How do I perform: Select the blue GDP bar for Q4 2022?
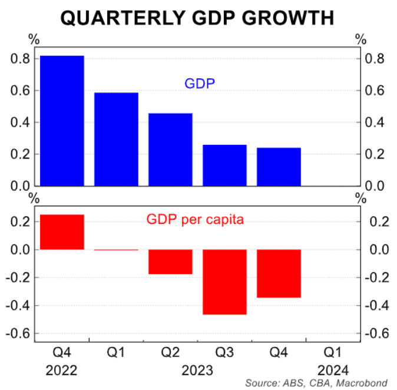point(62,120)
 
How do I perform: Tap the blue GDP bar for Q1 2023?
point(116,139)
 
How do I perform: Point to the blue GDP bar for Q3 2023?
point(224,165)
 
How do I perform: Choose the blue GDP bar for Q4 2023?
point(279,166)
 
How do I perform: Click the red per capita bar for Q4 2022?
point(62,232)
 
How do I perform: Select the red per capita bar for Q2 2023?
point(170,262)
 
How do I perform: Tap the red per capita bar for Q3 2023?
point(224,282)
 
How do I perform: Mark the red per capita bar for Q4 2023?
point(279,273)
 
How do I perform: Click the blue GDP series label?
point(200,84)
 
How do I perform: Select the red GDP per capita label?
point(194,220)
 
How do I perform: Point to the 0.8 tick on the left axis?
point(20,59)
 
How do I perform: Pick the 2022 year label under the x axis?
point(62,371)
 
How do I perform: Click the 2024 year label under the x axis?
point(333,371)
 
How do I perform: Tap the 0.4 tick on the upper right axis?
point(376,123)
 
